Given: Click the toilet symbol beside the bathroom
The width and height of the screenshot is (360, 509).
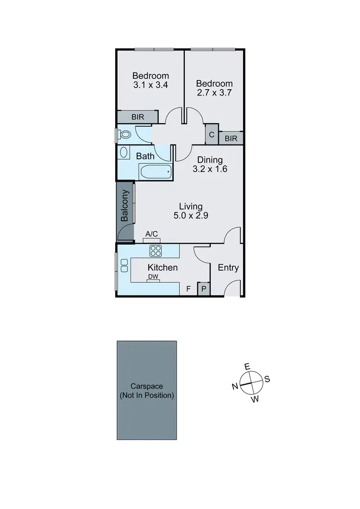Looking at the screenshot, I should pyautogui.click(x=125, y=135).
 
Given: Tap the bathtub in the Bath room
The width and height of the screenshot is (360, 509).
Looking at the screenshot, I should pyautogui.click(x=155, y=171).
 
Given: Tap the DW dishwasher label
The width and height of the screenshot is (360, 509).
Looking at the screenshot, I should pyautogui.click(x=153, y=277).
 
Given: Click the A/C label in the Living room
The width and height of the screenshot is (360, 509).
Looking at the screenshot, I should pyautogui.click(x=152, y=234).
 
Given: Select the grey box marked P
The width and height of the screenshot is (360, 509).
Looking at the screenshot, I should pyautogui.click(x=204, y=289).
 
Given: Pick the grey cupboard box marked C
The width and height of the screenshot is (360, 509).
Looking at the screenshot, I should pyautogui.click(x=212, y=134).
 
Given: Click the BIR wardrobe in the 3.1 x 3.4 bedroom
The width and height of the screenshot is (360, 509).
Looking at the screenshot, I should pyautogui.click(x=138, y=117).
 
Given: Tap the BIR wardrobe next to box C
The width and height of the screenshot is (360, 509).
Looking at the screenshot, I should pyautogui.click(x=231, y=139).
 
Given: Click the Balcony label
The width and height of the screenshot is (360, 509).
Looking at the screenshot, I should pyautogui.click(x=125, y=206).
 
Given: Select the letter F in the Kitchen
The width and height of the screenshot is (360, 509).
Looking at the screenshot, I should pyautogui.click(x=189, y=289).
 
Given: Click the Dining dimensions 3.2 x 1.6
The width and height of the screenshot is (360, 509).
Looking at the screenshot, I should pyautogui.click(x=210, y=169).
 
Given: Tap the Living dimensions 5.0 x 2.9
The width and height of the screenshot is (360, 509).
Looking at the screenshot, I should pyautogui.click(x=191, y=215).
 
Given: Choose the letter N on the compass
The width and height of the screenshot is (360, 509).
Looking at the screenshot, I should pyautogui.click(x=235, y=387).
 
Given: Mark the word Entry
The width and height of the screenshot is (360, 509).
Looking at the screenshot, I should pyautogui.click(x=228, y=268).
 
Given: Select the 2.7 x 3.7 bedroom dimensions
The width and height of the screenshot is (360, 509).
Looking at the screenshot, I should pyautogui.click(x=214, y=93).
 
